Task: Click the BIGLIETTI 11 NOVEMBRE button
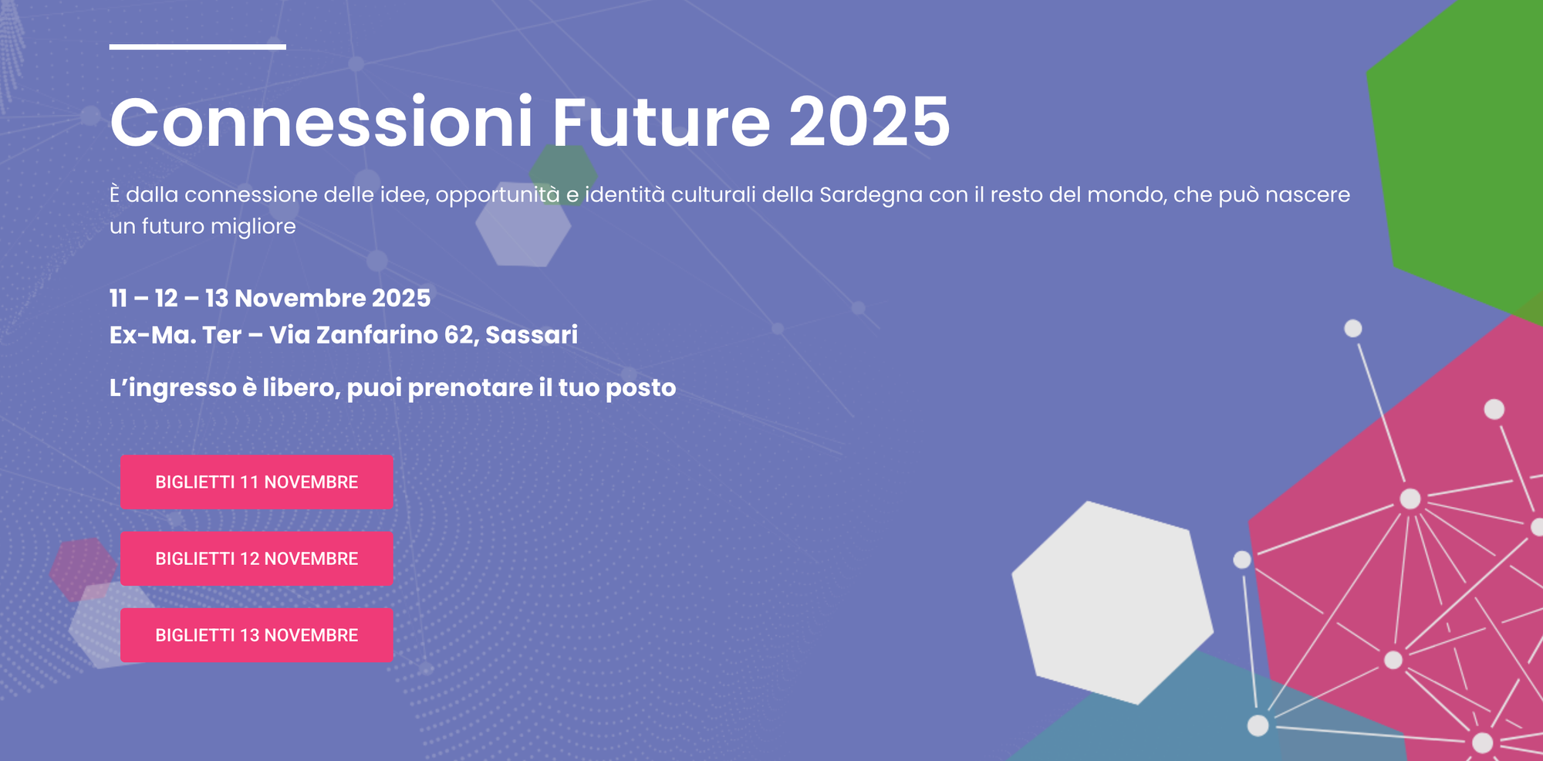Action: [x=256, y=482]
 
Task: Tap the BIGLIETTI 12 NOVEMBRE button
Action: [x=256, y=559]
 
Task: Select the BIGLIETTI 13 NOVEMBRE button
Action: [x=256, y=635]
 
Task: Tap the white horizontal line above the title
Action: [x=198, y=47]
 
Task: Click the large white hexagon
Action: [x=1111, y=602]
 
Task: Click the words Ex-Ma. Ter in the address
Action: [x=175, y=335]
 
